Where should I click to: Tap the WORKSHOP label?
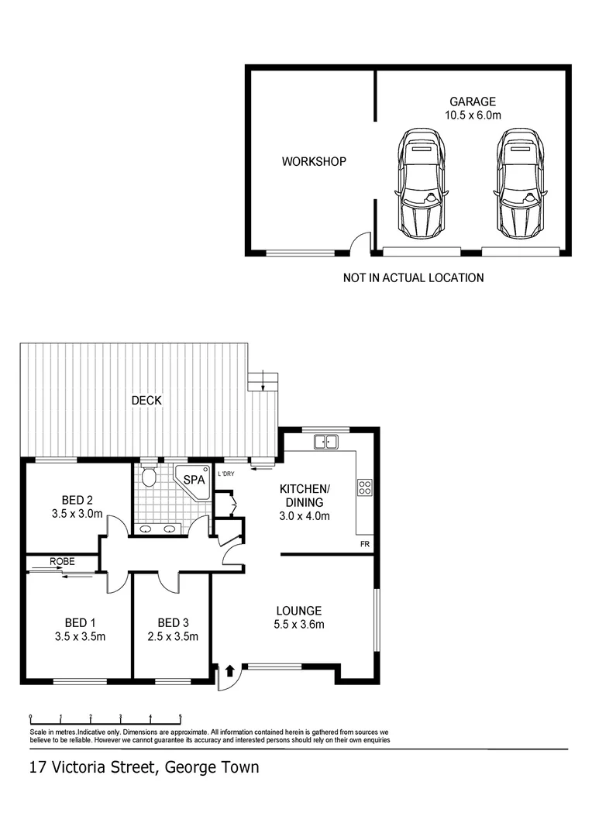[313, 162]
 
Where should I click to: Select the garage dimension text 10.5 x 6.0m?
[473, 115]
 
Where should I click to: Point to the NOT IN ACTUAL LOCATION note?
[413, 277]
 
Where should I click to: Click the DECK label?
[146, 400]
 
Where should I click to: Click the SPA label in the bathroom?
[194, 480]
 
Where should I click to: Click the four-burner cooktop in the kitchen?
[364, 488]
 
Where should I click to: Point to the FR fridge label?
[365, 545]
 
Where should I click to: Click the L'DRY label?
[225, 474]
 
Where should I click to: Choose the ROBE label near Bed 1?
[62, 561]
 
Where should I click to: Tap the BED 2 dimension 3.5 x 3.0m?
[77, 513]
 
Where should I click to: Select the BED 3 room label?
[172, 622]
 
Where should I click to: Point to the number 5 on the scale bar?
[181, 717]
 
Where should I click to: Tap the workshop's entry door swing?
[358, 245]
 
